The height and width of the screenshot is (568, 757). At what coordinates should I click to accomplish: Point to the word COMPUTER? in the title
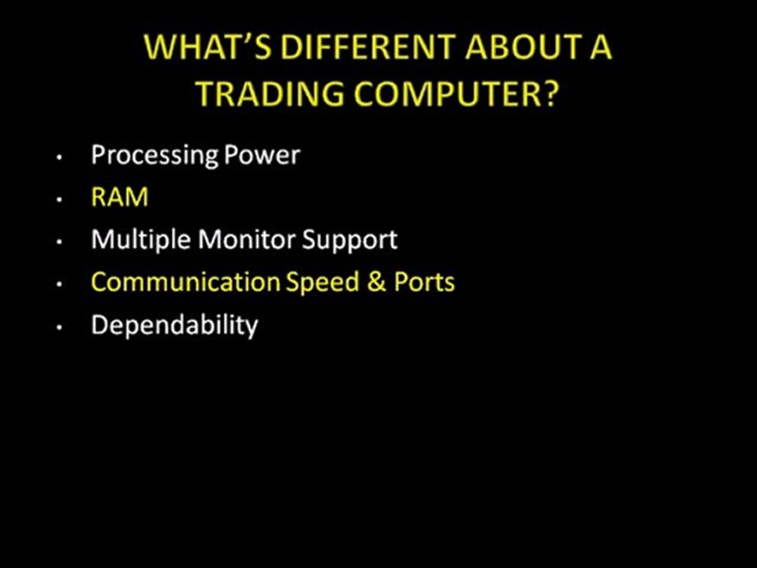coord(457,94)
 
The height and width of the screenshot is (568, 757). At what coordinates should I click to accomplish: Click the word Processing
coord(155,155)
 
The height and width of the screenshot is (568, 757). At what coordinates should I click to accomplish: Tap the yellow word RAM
coord(119,197)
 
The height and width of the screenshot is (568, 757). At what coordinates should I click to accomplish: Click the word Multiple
coord(141,240)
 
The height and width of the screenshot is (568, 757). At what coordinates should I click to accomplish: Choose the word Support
coord(350,240)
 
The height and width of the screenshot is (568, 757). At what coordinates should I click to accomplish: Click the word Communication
coord(185,282)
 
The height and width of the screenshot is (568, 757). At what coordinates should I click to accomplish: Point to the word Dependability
coord(174,325)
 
